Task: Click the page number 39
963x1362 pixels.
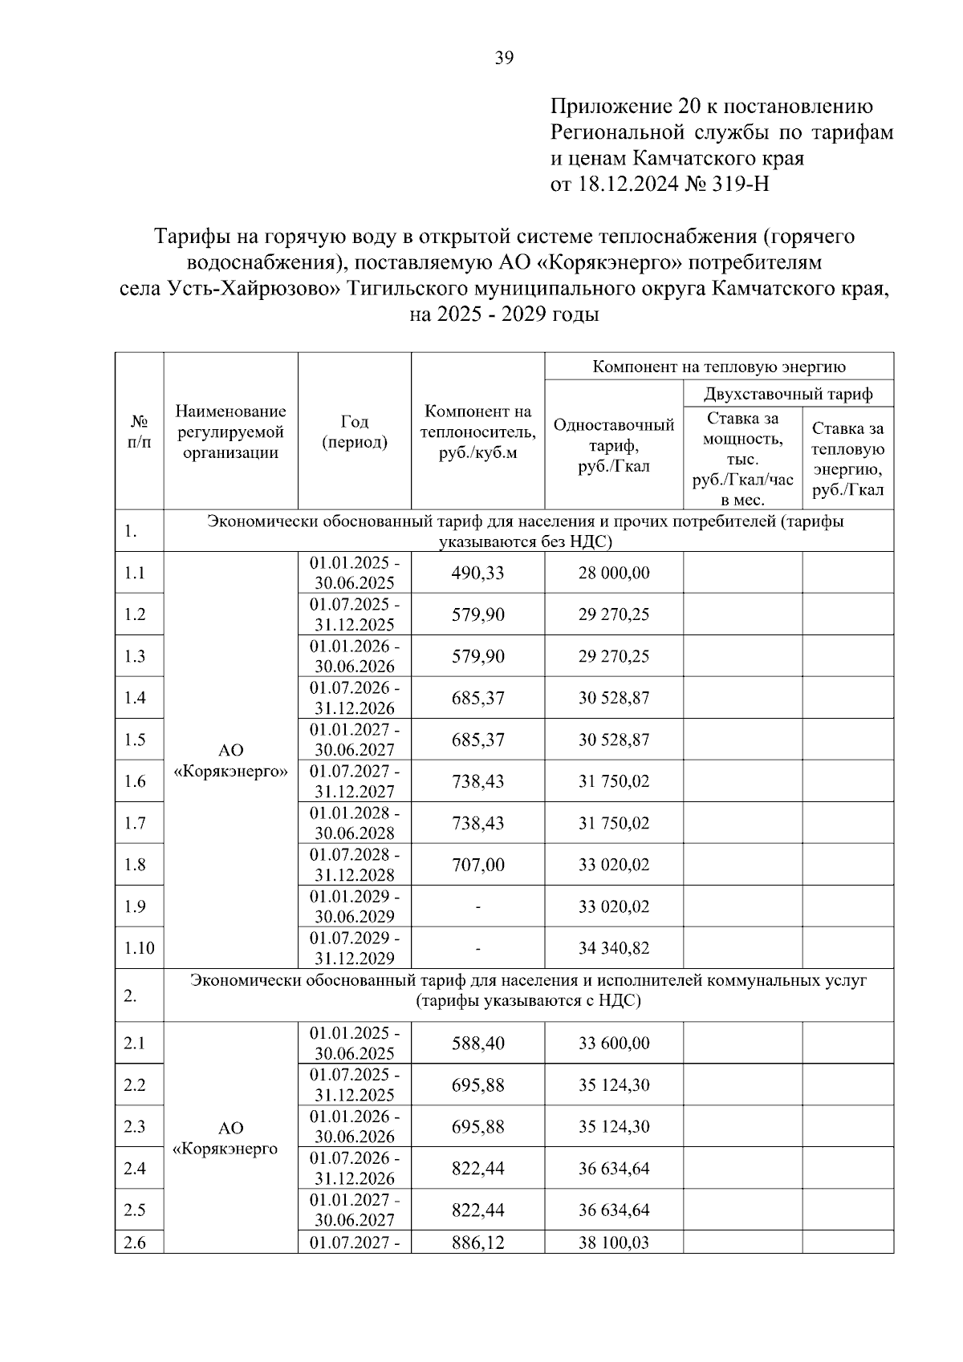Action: [x=504, y=57]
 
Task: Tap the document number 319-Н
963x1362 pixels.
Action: [x=741, y=184]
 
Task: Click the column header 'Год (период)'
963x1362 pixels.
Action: [x=354, y=432]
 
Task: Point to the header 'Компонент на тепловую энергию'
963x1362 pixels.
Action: [x=718, y=367]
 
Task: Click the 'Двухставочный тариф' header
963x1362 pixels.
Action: [x=787, y=394]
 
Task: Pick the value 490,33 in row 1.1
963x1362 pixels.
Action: [x=477, y=573]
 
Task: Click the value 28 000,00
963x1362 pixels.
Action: [x=614, y=573]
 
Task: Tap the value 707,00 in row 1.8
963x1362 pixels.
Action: [x=477, y=865]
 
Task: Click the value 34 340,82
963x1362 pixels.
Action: [x=614, y=948]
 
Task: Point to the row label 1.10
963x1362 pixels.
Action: [x=139, y=948]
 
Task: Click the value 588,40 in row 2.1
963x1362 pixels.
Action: [x=477, y=1043]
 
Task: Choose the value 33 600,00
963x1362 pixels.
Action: [x=614, y=1043]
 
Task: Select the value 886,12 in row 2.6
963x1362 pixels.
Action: [x=477, y=1242]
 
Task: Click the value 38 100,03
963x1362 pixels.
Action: [x=614, y=1242]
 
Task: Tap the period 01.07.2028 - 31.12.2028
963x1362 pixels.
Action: [x=354, y=865]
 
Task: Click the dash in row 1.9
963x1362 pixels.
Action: [x=477, y=906]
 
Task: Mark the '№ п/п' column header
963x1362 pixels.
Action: [x=138, y=432]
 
